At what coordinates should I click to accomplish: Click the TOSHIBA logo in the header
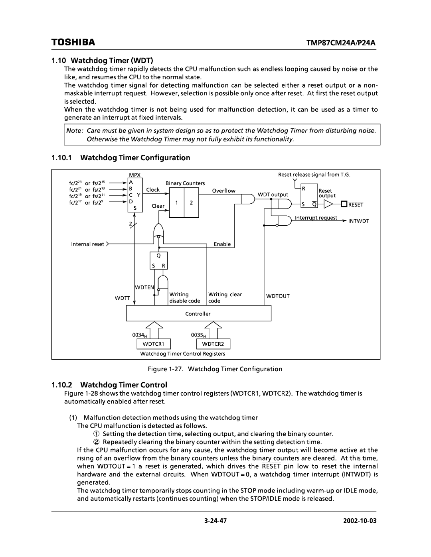[x=73, y=42]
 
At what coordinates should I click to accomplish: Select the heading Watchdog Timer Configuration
[x=135, y=158]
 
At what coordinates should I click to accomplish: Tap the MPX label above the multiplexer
[x=132, y=175]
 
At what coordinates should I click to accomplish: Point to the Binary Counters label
[x=185, y=183]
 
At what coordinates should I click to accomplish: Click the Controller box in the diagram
[x=198, y=314]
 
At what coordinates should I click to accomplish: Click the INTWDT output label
[x=359, y=220]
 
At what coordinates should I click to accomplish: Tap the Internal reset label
[x=88, y=244]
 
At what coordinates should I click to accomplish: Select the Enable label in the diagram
[x=222, y=244]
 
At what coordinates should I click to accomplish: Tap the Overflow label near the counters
[x=223, y=191]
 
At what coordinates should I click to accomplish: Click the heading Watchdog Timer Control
[x=124, y=385]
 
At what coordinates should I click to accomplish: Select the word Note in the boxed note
[x=73, y=131]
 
